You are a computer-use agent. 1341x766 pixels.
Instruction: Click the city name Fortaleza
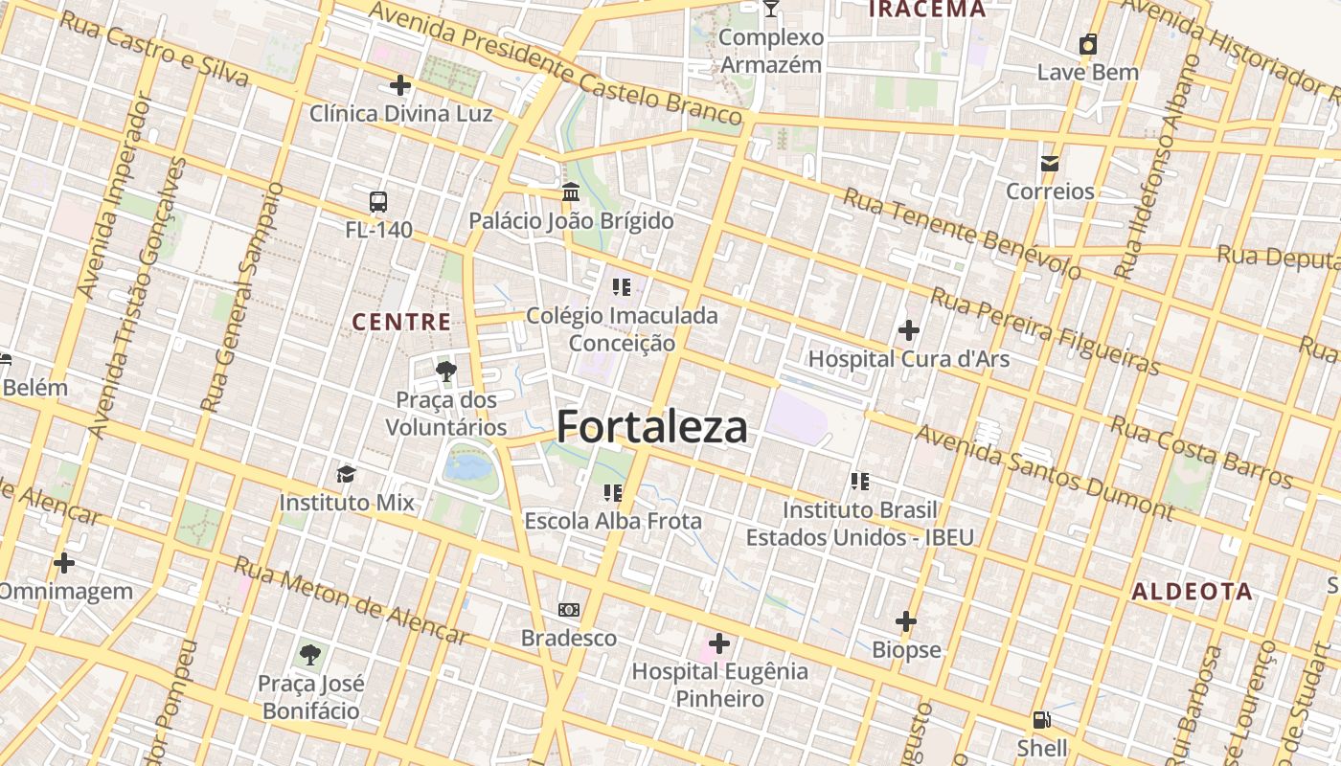pyautogui.click(x=651, y=426)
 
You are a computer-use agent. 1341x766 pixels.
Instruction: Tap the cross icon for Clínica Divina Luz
pyautogui.click(x=400, y=85)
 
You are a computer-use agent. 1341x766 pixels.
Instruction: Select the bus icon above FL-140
pyautogui.click(x=378, y=202)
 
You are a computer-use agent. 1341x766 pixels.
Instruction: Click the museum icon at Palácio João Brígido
pyautogui.click(x=571, y=192)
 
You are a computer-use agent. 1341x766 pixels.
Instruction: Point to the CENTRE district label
pyautogui.click(x=402, y=322)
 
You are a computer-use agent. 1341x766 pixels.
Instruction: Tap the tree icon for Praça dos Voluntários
pyautogui.click(x=445, y=372)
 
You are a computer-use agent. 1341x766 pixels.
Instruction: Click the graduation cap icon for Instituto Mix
pyautogui.click(x=346, y=474)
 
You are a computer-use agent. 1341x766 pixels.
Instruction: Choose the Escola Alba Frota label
pyautogui.click(x=613, y=521)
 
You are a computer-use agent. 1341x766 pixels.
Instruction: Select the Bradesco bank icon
pyautogui.click(x=569, y=610)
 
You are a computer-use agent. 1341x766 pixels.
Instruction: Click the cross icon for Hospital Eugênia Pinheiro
pyautogui.click(x=719, y=642)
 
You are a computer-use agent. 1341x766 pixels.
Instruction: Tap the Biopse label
pyautogui.click(x=906, y=649)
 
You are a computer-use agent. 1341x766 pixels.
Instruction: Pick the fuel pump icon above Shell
pyautogui.click(x=1041, y=719)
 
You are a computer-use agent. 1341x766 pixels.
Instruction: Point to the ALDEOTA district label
pyautogui.click(x=1192, y=591)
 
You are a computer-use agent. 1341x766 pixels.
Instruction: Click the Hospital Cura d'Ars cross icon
pyautogui.click(x=908, y=330)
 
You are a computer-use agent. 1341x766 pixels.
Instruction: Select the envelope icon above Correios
pyautogui.click(x=1050, y=163)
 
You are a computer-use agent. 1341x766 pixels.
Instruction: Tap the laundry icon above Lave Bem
pyautogui.click(x=1088, y=44)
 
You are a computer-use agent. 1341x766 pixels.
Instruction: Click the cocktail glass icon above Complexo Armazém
pyautogui.click(x=771, y=10)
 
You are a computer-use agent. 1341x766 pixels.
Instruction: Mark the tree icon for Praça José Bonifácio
pyautogui.click(x=309, y=655)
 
